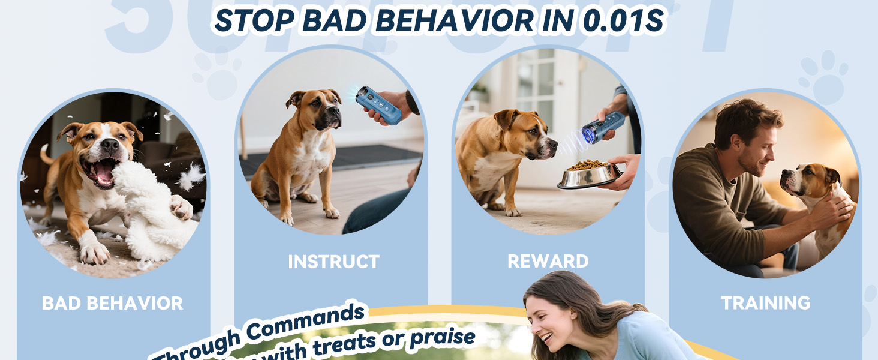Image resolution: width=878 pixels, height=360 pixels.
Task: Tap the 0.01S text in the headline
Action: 624,20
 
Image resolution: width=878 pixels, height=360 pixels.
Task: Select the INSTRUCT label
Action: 333,262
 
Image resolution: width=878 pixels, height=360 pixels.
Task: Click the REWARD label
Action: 548,262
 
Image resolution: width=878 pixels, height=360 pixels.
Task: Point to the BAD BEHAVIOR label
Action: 113,303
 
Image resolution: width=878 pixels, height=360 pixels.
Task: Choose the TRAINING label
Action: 766,303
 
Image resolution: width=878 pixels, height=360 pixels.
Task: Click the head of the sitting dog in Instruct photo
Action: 315,108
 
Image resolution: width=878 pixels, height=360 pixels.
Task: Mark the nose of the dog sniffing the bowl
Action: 553,146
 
